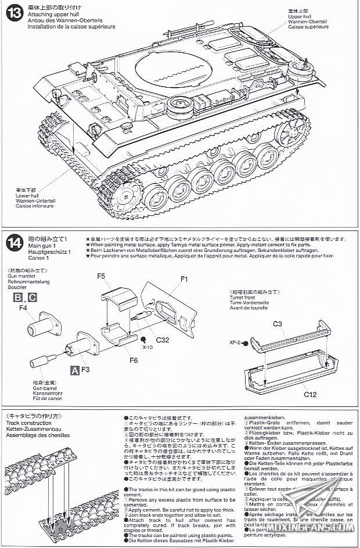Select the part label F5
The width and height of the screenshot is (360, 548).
[101, 276]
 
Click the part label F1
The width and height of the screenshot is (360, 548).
[185, 279]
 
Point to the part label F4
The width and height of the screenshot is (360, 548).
[23, 308]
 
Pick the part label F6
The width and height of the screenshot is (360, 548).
[133, 360]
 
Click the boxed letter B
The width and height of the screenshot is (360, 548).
[18, 298]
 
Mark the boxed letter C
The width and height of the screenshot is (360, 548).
[33, 298]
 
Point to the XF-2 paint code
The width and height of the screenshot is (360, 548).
[236, 344]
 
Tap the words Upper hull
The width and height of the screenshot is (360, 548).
[298, 16]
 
